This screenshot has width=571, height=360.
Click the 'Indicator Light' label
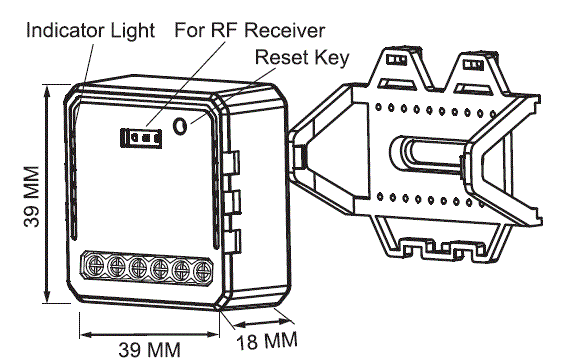(91, 31)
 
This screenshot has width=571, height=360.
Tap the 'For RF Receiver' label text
(249, 30)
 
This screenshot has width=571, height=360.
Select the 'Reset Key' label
(302, 58)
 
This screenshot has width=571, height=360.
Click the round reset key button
(180, 126)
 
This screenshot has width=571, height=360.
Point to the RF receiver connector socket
(141, 138)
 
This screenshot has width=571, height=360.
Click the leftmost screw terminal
(95, 265)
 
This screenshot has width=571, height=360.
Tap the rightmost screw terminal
(201, 270)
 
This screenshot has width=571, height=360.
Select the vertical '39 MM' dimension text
(32, 196)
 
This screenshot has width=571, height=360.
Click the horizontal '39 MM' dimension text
(149, 350)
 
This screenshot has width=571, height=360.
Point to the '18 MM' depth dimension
(267, 341)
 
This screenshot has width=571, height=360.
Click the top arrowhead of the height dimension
(47, 90)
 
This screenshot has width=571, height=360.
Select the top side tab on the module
(233, 162)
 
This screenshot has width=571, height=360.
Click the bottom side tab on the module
(233, 241)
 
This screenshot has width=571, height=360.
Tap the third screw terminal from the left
(138, 267)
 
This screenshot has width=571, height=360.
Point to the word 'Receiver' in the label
(288, 30)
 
